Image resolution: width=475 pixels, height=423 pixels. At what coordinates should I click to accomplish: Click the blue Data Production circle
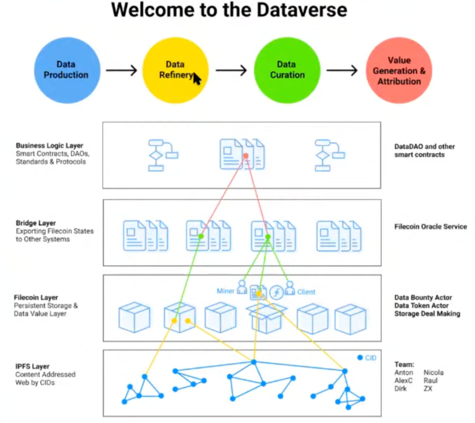67,70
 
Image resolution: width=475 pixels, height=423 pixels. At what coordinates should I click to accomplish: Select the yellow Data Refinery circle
175,70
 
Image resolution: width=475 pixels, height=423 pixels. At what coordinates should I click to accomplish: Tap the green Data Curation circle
287,70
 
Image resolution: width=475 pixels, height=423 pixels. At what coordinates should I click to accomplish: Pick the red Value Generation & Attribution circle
399,70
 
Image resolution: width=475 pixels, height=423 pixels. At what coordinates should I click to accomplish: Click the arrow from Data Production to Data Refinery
121,70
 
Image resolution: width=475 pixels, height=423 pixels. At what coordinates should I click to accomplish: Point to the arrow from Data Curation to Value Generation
342,70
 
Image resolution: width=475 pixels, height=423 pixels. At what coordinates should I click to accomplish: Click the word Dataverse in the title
302,10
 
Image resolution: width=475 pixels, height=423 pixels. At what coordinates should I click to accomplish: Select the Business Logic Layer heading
49,146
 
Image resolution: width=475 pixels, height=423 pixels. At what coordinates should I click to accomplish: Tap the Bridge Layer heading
36,223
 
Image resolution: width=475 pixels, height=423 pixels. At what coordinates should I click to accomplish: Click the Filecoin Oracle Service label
431,227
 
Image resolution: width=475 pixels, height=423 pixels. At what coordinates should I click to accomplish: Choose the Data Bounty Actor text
423,298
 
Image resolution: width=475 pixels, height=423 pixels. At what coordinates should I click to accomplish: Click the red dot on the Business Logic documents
246,156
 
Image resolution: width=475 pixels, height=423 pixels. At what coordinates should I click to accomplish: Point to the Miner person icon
242,287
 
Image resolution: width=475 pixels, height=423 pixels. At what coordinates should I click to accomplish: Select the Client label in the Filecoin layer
306,292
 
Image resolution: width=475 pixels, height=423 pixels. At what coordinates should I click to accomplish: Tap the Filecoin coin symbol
276,292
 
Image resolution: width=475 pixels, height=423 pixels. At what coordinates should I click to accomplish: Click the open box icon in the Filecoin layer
266,318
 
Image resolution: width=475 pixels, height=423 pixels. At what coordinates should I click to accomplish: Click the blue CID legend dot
360,357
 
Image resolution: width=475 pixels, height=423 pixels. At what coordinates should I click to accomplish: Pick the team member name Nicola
434,373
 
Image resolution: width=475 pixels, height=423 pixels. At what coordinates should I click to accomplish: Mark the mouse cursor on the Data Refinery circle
197,79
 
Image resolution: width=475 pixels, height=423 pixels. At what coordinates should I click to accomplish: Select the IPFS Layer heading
33,367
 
